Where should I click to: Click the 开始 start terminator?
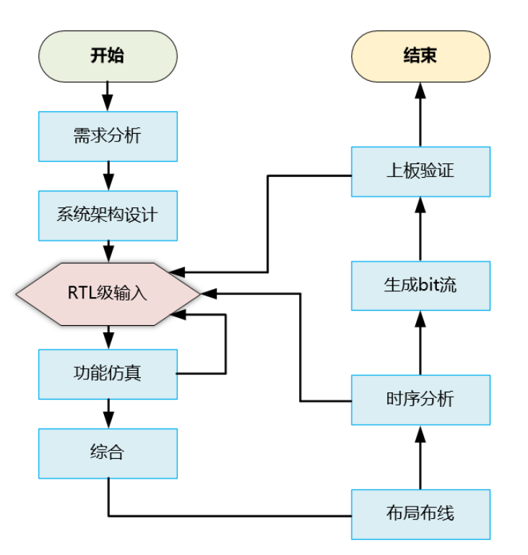click(107, 56)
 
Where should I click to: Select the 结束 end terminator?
click(420, 56)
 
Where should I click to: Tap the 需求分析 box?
click(107, 136)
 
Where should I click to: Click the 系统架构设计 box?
click(107, 215)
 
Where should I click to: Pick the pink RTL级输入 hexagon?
click(107, 293)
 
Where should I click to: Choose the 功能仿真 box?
click(107, 374)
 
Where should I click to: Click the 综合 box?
click(107, 453)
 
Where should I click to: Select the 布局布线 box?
click(420, 514)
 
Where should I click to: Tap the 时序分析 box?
click(420, 399)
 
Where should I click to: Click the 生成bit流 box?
click(420, 285)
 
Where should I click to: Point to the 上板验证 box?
click(420, 171)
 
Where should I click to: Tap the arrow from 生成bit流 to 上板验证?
click(420, 228)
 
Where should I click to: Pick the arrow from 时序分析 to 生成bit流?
click(420, 343)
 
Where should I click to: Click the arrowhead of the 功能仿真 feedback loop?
click(178, 315)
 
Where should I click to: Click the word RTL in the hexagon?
click(79, 293)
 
